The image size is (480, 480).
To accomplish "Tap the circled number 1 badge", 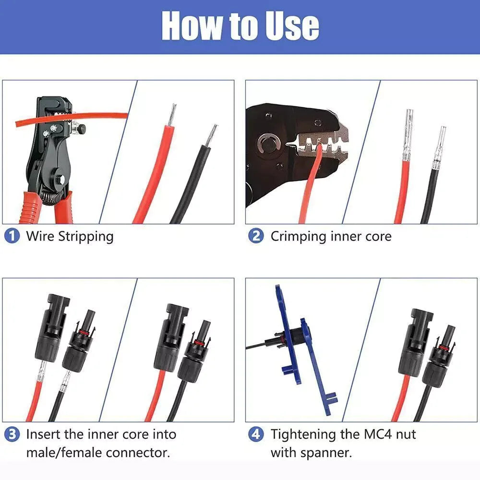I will point(12,236).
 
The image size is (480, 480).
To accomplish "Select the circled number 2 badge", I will point(256,236).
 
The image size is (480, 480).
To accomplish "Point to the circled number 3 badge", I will point(12,434).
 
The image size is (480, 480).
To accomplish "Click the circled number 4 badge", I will point(256,434).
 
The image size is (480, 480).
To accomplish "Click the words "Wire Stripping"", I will point(70,236).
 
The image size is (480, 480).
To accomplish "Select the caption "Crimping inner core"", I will point(331,236).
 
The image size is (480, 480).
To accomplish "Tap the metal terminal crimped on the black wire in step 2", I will point(438,146).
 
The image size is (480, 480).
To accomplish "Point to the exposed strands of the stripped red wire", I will point(171,115).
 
